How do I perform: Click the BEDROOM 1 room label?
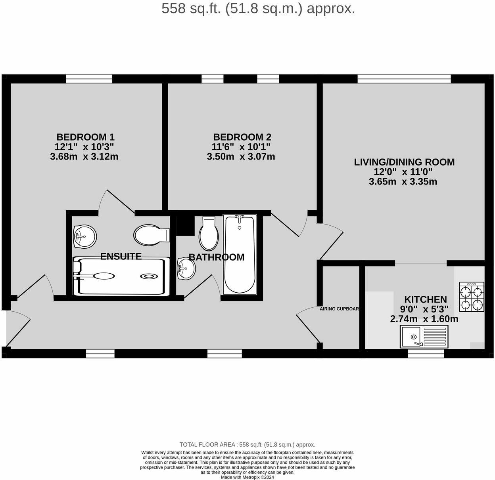85,137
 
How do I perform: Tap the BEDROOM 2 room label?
242,137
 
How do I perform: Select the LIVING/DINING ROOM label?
404,162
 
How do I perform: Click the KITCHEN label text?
425,299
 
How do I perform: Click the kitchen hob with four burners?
472,297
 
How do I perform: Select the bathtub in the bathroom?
240,254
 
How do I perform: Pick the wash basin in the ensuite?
84,236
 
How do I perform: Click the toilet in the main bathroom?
209,234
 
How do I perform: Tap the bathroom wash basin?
186,268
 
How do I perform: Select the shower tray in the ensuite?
121,276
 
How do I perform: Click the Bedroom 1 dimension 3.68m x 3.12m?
84,156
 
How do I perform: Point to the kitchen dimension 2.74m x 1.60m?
424,319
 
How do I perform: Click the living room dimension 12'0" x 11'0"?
403,172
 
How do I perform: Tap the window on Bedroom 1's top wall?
84,79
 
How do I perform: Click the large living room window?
404,79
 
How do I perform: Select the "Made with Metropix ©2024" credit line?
247,477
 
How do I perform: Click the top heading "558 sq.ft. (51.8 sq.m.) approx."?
258,8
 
